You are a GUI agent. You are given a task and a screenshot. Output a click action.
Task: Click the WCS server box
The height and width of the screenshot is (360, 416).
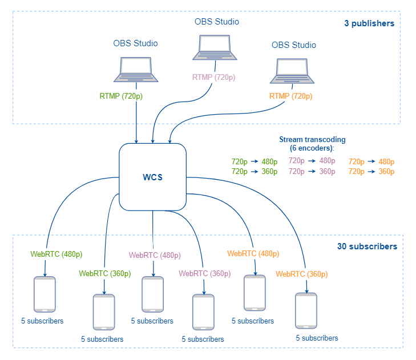tap(152, 177)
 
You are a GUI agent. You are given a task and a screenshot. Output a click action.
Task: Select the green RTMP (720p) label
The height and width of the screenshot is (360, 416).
tap(121, 96)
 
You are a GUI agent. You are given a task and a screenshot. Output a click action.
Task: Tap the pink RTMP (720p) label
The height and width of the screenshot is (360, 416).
tap(213, 78)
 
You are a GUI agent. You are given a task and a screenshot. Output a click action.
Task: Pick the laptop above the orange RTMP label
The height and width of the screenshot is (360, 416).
tap(294, 69)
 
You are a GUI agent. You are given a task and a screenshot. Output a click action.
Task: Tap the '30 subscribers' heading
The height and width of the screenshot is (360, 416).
tap(367, 247)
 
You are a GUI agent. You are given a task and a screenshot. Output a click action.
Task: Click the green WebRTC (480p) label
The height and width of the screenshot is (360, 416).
tap(56, 254)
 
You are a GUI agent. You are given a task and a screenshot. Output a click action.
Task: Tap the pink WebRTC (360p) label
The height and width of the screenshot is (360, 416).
tap(204, 273)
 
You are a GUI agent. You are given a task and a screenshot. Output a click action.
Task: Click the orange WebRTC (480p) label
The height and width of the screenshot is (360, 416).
tap(253, 253)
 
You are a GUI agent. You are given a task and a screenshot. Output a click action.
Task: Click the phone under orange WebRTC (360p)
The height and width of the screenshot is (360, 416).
tap(305, 310)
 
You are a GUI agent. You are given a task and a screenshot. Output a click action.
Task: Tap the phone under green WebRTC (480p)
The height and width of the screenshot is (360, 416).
tap(45, 294)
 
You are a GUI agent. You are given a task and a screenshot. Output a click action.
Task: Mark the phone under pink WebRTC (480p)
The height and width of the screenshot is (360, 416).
tap(152, 294)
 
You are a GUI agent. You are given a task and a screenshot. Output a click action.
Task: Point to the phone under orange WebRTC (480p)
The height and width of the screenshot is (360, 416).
tap(254, 293)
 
